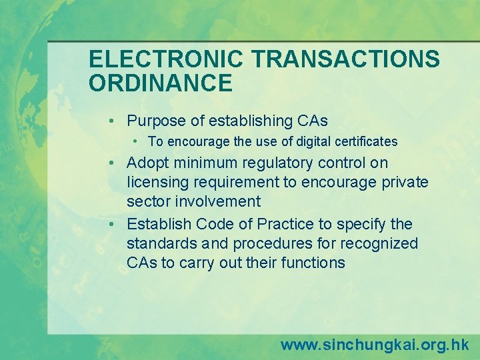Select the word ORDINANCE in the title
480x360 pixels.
click(161, 83)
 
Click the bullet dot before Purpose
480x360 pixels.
click(115, 121)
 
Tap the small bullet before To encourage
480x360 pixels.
click(135, 141)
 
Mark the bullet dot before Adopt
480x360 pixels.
click(115, 163)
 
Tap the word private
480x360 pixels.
click(405, 183)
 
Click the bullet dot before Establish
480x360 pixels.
click(115, 225)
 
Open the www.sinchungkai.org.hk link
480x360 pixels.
click(374, 345)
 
